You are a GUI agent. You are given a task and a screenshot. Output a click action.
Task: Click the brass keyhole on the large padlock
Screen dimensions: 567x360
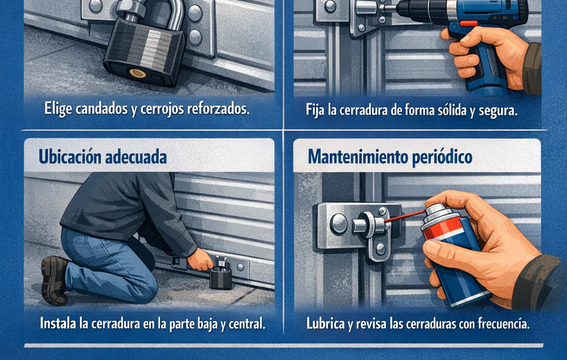click(138, 74)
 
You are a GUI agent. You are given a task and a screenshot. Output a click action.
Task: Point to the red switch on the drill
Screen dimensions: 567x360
click(468, 24)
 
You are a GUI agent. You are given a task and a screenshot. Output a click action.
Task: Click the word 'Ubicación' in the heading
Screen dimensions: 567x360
click(69, 157)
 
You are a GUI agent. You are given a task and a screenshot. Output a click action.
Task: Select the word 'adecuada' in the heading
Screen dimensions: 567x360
click(136, 157)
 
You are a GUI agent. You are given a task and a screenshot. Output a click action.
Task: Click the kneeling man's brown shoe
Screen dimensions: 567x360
click(54, 280)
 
